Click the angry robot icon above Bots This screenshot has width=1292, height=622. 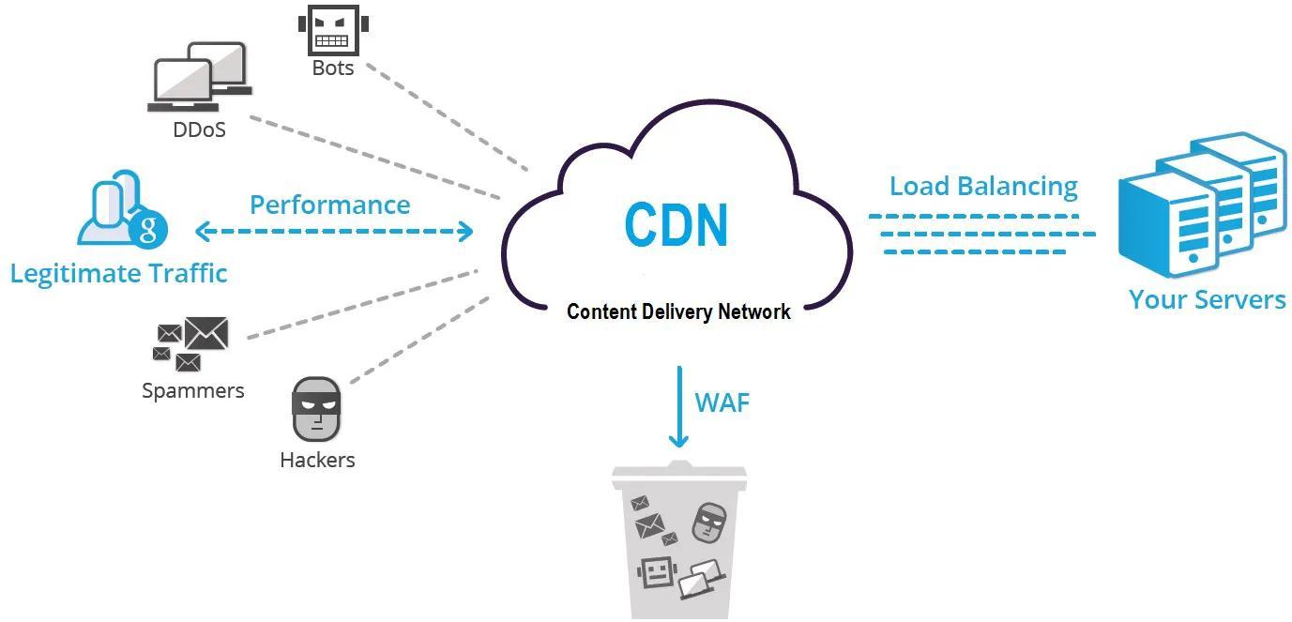(333, 29)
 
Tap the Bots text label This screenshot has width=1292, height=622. (333, 68)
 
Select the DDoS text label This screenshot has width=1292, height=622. (200, 129)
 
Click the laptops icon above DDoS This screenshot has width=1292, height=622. (200, 77)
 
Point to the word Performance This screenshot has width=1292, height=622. (330, 205)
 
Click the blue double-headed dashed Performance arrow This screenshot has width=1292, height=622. (334, 232)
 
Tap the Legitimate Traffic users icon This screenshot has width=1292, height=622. (122, 208)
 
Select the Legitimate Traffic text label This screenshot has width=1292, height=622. (119, 273)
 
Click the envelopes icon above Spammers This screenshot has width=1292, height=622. (190, 344)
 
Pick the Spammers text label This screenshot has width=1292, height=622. (193, 391)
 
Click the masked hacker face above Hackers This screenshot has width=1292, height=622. (316, 409)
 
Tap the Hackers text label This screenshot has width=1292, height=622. (317, 460)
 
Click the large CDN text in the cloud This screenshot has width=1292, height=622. (676, 225)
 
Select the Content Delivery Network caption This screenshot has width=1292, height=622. (678, 311)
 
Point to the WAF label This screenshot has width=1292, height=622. (722, 402)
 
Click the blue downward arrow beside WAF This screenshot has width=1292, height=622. (679, 407)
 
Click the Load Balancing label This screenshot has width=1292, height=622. (983, 186)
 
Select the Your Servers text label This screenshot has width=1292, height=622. (1208, 300)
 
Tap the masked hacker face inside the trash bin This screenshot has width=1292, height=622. (708, 523)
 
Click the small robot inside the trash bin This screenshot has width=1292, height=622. (657, 572)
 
